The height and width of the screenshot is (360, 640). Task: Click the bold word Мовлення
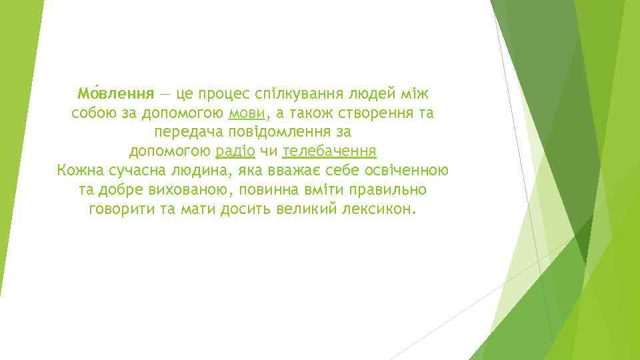pos(115,93)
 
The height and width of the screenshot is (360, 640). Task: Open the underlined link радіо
pos(235,151)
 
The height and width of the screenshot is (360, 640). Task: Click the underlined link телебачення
pos(330,151)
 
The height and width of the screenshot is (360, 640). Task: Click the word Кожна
pos(79,171)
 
